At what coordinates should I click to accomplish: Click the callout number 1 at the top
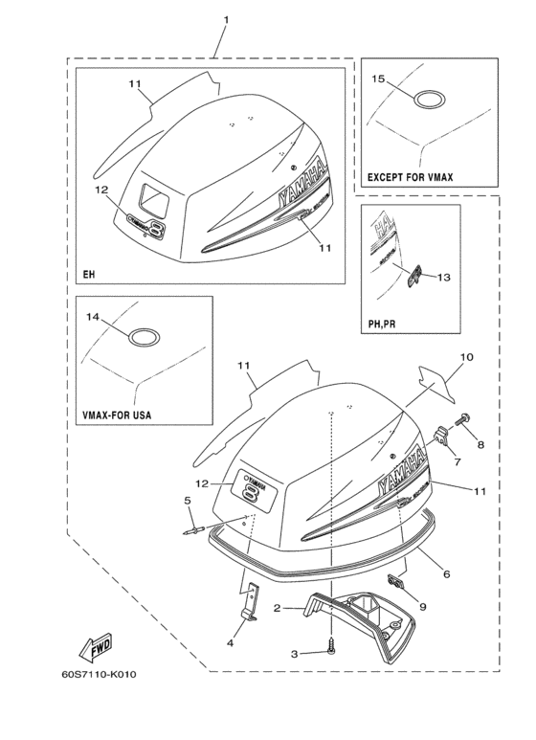pyautogui.click(x=226, y=20)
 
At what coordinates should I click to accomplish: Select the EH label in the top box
pyautogui.click(x=89, y=275)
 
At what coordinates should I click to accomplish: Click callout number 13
pyautogui.click(x=442, y=278)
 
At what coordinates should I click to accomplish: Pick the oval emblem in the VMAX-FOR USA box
pyautogui.click(x=144, y=337)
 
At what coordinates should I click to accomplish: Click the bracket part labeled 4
pyautogui.click(x=250, y=601)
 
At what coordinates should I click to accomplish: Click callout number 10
pyautogui.click(x=466, y=357)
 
